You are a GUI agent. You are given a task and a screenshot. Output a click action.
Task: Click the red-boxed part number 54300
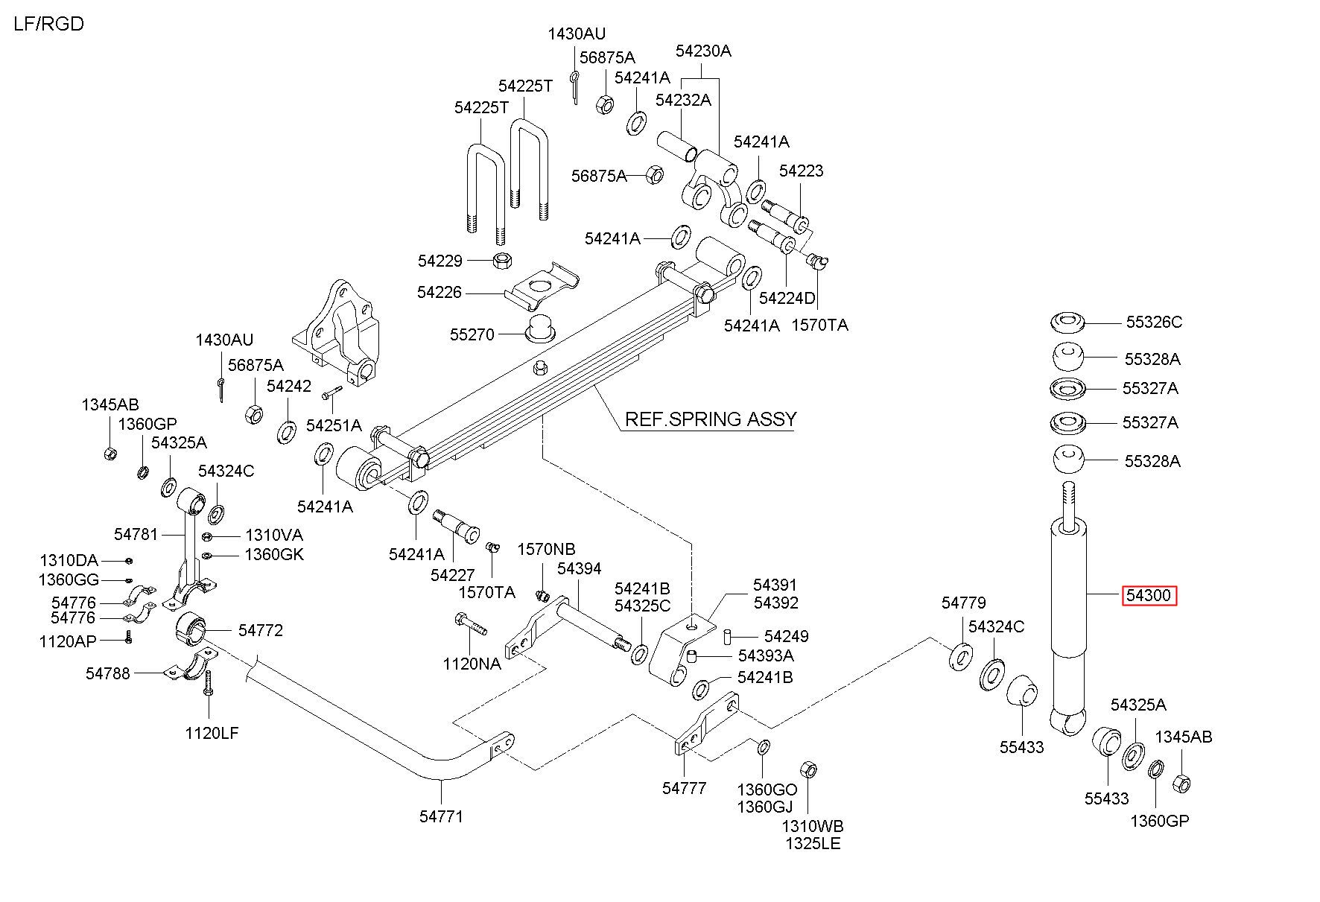click(1149, 595)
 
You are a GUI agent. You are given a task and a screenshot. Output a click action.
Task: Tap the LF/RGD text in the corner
click(49, 24)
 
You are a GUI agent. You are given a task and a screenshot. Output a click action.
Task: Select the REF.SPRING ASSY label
click(710, 419)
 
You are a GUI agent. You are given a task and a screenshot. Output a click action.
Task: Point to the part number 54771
click(441, 816)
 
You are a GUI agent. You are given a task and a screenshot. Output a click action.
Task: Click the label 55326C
click(1154, 322)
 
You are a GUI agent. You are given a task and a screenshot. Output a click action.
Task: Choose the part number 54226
click(440, 293)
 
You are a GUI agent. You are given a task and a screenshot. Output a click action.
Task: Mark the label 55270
click(472, 334)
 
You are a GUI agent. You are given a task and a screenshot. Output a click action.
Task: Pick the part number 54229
click(440, 261)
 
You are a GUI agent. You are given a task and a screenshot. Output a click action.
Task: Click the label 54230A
click(703, 51)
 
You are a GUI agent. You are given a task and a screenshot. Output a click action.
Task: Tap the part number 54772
click(261, 630)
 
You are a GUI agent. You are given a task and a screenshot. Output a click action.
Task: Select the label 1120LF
click(212, 733)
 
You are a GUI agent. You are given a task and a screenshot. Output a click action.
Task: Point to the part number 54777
click(684, 788)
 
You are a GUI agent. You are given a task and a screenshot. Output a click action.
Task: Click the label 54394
click(579, 569)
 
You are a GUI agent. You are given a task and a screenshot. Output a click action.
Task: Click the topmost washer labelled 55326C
click(1067, 323)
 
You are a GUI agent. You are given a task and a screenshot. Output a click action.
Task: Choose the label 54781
click(136, 534)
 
